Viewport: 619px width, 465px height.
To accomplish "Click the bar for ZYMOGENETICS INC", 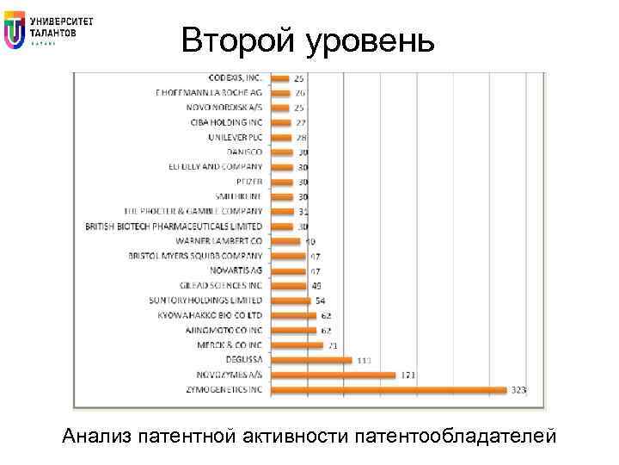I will click(389, 390).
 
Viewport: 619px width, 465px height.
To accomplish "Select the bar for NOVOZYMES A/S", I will click(333, 375).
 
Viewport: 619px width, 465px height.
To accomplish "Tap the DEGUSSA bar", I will click(311, 360).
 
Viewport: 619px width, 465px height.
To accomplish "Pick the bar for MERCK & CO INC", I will click(297, 345).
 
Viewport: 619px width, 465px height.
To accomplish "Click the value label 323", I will click(519, 390).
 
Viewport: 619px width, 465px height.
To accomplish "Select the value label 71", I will click(332, 345).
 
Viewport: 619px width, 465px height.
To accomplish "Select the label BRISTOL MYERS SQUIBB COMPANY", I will click(195, 256).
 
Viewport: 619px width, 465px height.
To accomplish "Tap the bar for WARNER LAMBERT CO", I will click(285, 241).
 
